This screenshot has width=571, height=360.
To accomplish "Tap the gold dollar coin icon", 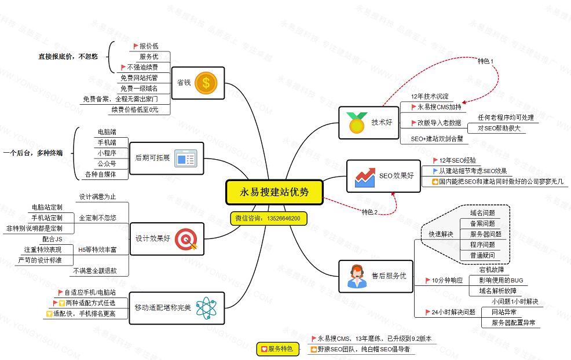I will (204, 82).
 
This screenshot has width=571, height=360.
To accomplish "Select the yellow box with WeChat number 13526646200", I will (268, 218).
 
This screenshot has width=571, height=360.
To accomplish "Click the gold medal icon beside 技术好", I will (355, 122).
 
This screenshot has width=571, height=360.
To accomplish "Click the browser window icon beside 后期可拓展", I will (185, 158).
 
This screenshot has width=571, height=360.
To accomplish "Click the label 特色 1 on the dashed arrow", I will (486, 61).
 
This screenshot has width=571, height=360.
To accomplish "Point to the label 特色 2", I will (369, 212).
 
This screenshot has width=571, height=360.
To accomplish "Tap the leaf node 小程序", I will (107, 153).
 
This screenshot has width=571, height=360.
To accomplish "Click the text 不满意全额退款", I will (95, 270).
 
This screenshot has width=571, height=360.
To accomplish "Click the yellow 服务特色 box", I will (278, 349).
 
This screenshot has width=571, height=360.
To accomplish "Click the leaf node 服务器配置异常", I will (513, 322).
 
